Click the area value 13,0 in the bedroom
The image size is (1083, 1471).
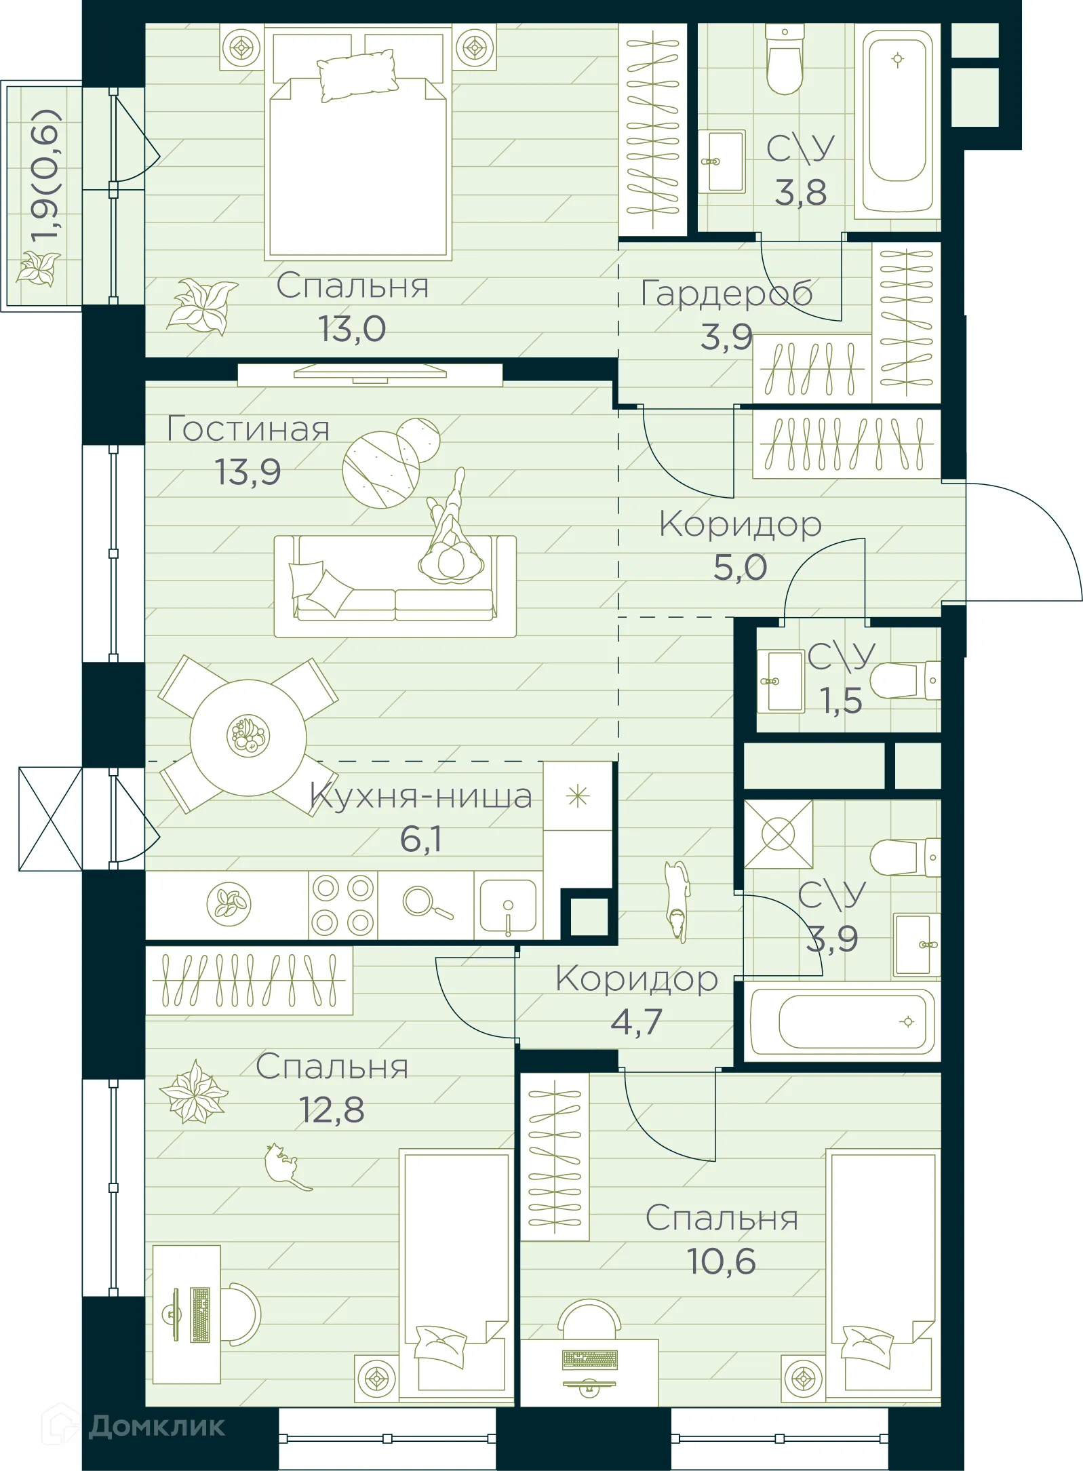click(x=352, y=330)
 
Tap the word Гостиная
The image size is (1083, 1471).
click(x=248, y=429)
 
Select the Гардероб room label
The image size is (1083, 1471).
click(x=726, y=293)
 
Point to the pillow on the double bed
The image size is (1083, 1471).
click(x=357, y=75)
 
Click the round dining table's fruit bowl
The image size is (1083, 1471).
click(x=248, y=737)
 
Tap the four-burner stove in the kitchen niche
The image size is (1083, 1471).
click(x=342, y=905)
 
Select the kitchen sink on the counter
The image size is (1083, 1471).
click(x=508, y=905)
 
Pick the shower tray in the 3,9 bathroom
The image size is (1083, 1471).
click(x=778, y=833)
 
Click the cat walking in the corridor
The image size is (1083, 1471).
click(x=677, y=899)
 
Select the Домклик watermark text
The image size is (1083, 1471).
click(x=156, y=1426)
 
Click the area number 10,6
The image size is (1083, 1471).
click(x=721, y=1262)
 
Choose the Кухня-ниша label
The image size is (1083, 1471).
click(x=420, y=796)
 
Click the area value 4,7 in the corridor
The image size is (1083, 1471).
click(x=636, y=1022)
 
